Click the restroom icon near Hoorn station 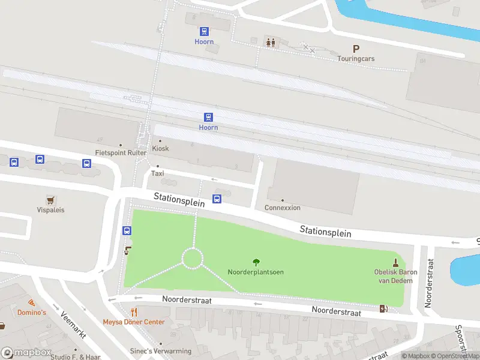coord(271,42)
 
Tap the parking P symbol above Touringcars coord(356,49)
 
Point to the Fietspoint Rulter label coord(121,153)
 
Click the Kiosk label coord(160,148)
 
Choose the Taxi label coord(157,173)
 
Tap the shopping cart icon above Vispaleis coord(50,199)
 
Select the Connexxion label coord(283,208)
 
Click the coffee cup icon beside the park coord(127,250)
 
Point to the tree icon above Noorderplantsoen coord(256,262)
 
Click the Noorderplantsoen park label coord(256,272)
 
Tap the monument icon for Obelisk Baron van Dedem coord(395,262)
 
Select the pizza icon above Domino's coord(31,302)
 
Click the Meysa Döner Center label coord(134,322)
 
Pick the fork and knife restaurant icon coord(134,312)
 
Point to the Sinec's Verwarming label coord(161,351)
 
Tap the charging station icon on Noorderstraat coord(384,309)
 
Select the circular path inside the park coord(193,259)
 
